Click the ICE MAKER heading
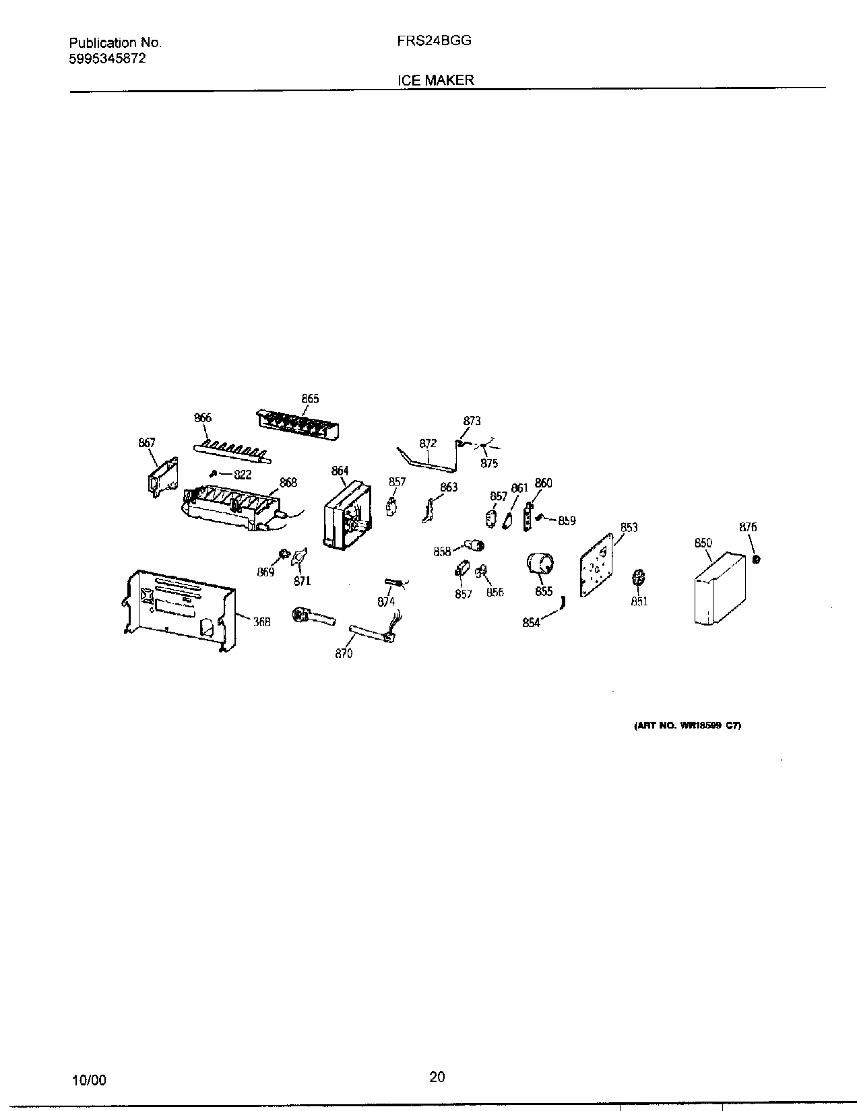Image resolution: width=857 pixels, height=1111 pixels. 435,79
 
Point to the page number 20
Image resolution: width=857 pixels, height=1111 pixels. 437,1077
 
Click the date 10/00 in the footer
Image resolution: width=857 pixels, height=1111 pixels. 89,1080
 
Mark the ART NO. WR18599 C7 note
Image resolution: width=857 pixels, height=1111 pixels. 688,726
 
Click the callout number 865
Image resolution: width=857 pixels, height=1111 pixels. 310,399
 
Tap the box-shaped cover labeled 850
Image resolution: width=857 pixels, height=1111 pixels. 720,589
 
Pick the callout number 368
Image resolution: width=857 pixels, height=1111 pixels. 261,622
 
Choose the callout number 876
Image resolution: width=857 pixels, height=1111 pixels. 748,527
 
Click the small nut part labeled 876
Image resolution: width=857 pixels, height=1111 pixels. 756,560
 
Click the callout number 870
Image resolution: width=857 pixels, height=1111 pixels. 344,653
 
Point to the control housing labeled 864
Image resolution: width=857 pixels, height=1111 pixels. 347,515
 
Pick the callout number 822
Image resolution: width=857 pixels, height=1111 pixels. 243,474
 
